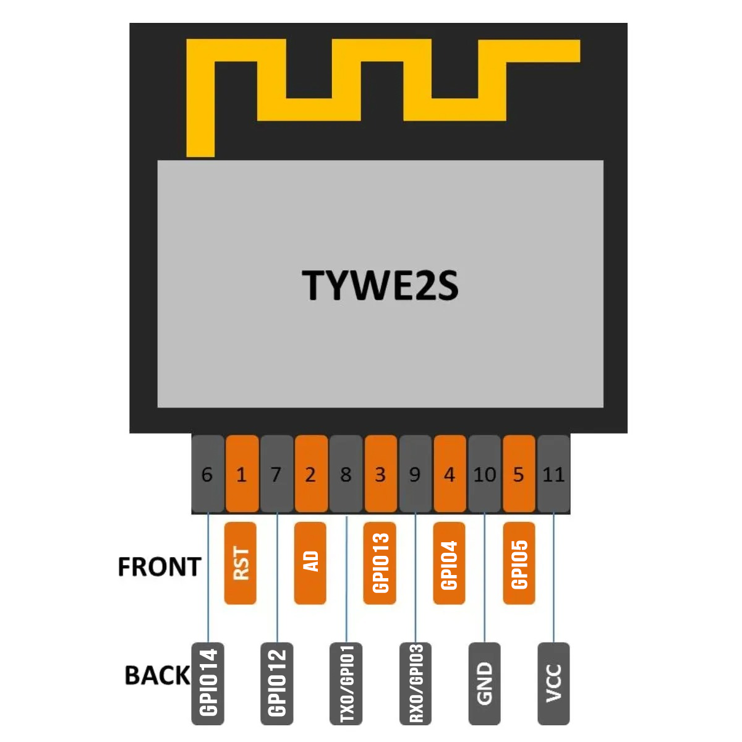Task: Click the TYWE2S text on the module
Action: [x=380, y=285]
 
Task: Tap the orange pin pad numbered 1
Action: [x=242, y=474]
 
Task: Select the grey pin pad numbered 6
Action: [x=208, y=474]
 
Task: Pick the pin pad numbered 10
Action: [x=484, y=474]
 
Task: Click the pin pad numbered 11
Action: [x=553, y=474]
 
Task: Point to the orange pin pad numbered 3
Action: [x=380, y=474]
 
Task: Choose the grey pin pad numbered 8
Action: [x=346, y=474]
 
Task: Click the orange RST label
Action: [x=241, y=563]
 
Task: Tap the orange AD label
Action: [x=310, y=563]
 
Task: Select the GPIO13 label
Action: [x=380, y=563]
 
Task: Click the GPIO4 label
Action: [x=449, y=563]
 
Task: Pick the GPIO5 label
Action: [x=519, y=563]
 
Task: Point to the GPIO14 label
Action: [x=208, y=684]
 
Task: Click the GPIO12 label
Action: [x=277, y=684]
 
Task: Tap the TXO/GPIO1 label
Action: [x=346, y=684]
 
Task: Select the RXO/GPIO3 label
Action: [x=416, y=684]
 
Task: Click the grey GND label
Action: [x=484, y=684]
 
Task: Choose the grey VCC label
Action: [x=553, y=684]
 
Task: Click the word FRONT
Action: [x=160, y=566]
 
